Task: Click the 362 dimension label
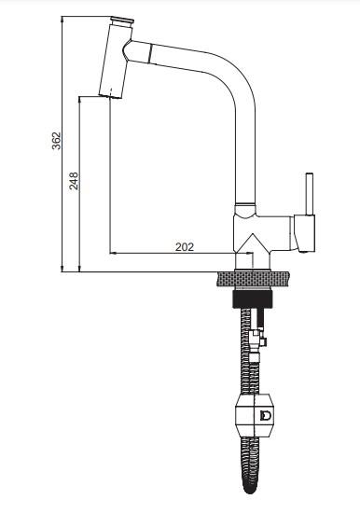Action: (56, 141)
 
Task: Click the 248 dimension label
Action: (74, 181)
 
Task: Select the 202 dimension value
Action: (185, 247)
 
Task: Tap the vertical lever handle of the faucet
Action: (310, 194)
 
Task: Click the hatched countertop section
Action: (253, 279)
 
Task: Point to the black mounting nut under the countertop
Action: (253, 299)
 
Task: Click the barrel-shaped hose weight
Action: (254, 415)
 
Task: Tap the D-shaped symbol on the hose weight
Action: (266, 415)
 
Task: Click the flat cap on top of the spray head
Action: (122, 21)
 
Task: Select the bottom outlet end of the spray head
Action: (110, 96)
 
